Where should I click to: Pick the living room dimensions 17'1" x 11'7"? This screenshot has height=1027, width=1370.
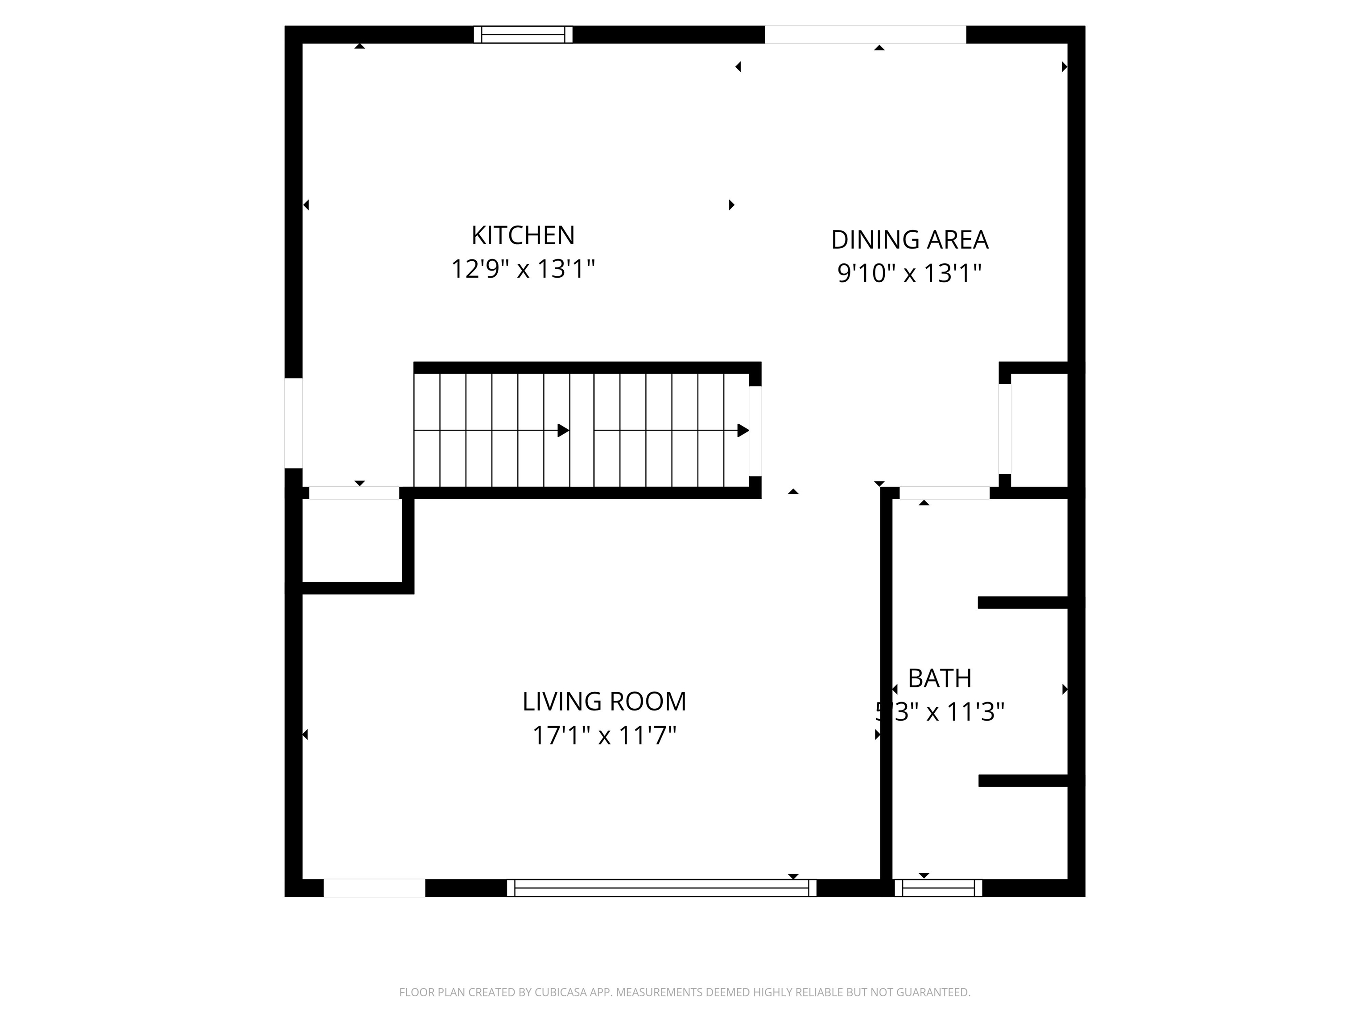604,736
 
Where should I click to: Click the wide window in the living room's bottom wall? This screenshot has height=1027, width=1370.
661,888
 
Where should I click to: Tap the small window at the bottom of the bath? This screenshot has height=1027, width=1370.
938,888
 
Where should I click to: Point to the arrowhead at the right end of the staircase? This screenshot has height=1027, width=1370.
743,430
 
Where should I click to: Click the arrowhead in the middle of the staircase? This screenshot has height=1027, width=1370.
563,430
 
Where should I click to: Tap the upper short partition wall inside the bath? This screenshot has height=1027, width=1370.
1022,602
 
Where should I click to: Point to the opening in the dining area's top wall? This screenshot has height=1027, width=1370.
865,35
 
